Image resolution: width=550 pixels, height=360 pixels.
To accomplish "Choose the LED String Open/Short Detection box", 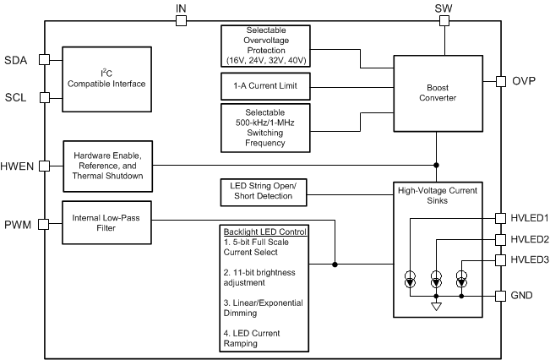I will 262,192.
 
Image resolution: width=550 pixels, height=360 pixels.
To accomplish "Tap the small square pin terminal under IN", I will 181,20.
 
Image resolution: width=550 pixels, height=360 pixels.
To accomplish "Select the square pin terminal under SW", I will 443,20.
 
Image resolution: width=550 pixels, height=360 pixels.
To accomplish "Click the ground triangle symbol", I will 437,308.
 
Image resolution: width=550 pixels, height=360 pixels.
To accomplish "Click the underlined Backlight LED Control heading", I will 264,232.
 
